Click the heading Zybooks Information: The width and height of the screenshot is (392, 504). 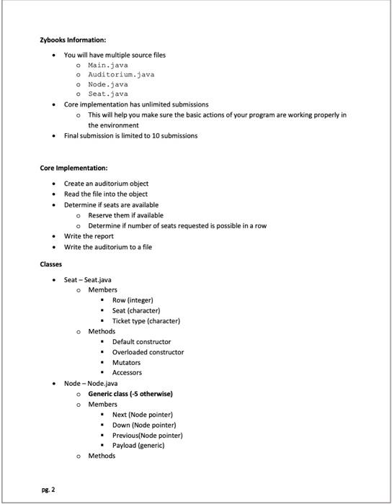coord(73,40)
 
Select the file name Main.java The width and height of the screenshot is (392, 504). coord(107,65)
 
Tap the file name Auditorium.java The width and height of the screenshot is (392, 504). coord(120,74)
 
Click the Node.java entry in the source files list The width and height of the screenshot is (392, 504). coord(107,84)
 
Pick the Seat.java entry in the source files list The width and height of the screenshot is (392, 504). coord(107,94)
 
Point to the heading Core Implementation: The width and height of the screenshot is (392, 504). coord(73,168)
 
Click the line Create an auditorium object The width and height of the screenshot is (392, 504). coord(106,184)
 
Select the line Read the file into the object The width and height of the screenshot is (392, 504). coord(105,194)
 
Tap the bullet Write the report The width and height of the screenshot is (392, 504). coord(89,236)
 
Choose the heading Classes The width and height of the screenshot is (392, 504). coord(50,265)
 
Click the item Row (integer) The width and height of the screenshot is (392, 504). coord(133,300)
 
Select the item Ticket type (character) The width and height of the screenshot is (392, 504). coord(146,321)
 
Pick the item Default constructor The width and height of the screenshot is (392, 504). coord(141,342)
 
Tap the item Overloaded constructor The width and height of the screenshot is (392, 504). coord(148,352)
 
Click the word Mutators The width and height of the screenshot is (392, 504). coord(126,363)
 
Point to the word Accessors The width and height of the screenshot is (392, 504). coord(127,373)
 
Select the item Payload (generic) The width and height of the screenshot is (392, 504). coord(138,446)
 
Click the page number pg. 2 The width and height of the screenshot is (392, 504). coord(47,489)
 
